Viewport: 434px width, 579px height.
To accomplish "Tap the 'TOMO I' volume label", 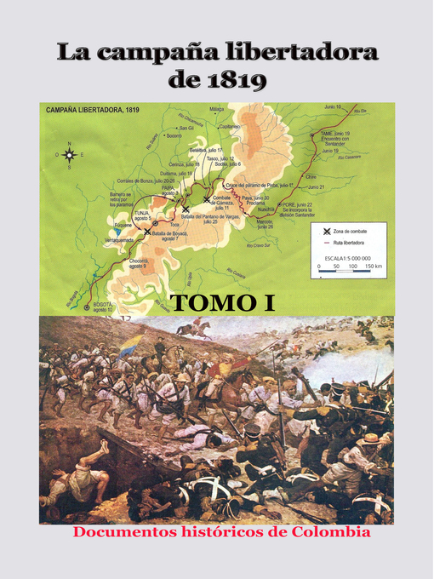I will click(x=223, y=302).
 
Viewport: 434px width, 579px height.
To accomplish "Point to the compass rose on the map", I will click(x=70, y=155).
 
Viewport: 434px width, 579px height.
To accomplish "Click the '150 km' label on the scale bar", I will click(x=372, y=267).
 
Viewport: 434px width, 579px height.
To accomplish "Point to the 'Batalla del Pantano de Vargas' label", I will click(x=203, y=219).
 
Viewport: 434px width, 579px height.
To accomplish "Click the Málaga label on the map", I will click(x=217, y=109).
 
